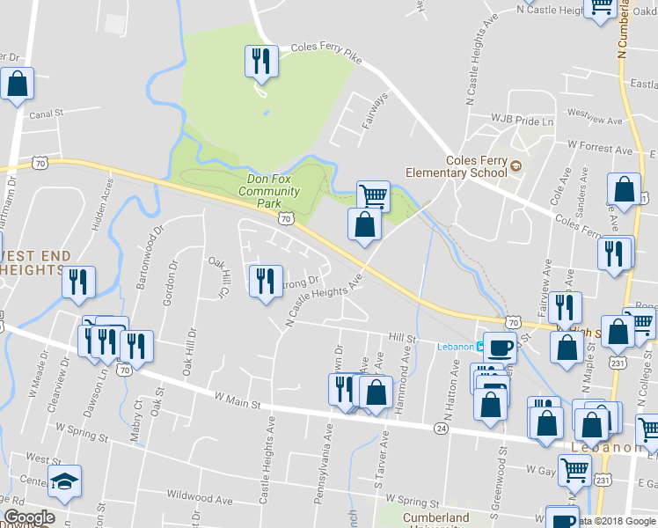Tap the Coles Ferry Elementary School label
click(478, 166)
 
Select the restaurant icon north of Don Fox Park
click(261, 62)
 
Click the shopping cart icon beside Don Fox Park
click(373, 194)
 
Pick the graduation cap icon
click(64, 481)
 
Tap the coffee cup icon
click(500, 346)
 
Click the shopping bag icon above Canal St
click(17, 84)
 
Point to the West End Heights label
click(35, 262)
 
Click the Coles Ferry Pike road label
click(325, 52)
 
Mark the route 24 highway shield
click(440, 428)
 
